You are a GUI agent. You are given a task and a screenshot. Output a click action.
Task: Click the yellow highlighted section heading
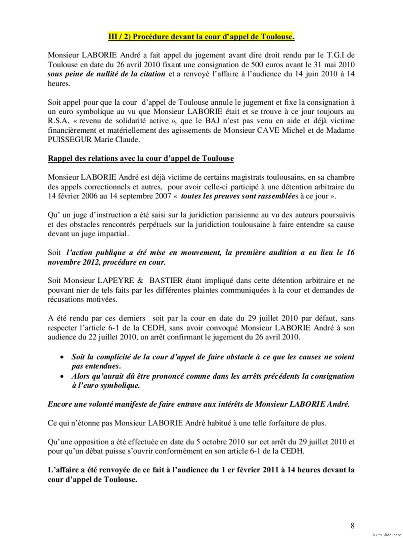pos(201,37)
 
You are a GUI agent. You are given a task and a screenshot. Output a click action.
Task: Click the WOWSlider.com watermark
pos(387,534)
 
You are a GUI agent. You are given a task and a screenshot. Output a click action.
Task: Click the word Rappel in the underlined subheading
pos(59,158)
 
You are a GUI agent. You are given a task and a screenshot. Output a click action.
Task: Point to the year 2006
pos(89,196)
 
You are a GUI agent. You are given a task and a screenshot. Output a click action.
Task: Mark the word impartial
pos(114,234)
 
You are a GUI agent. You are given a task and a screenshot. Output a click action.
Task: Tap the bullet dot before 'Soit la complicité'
pos(61,357)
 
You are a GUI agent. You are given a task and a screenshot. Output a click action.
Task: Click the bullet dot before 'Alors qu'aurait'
pos(61,377)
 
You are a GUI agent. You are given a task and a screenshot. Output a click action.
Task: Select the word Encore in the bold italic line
pos(60,404)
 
